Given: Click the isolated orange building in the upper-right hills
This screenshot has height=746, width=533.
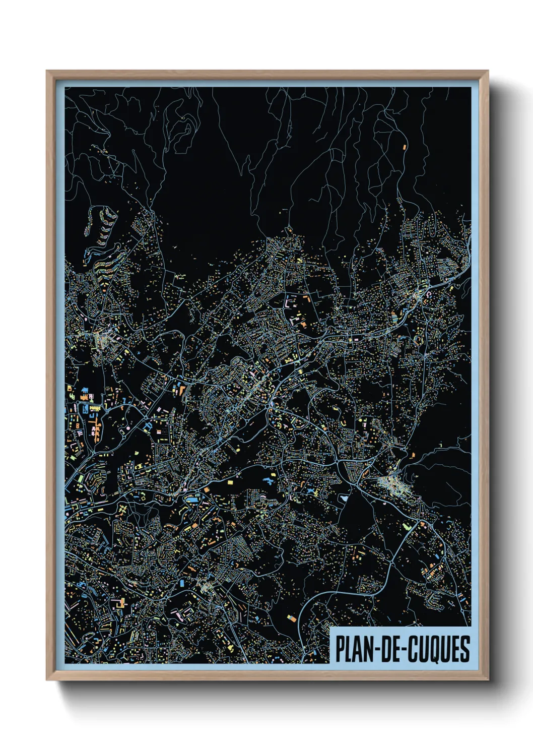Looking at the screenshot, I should (404, 147).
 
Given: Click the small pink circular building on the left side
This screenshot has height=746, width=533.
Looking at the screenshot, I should (127, 427).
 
